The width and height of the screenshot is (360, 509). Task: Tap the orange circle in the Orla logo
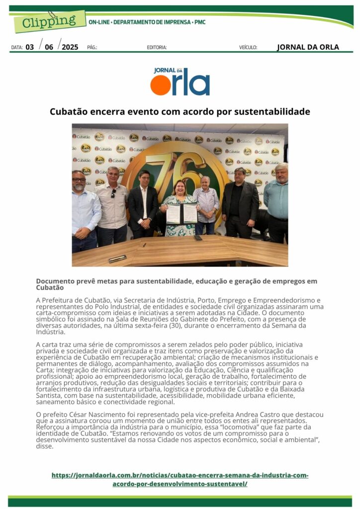[161, 85]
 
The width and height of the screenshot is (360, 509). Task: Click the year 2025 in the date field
[70, 47]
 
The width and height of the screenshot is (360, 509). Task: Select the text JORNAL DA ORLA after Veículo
[308, 47]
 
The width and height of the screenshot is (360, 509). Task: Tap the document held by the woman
[181, 214]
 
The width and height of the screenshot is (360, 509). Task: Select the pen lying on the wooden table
[117, 258]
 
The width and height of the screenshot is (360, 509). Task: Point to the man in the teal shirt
[276, 199]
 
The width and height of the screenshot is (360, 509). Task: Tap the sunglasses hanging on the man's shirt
[113, 193]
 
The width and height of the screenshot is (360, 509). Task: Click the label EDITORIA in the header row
[157, 48]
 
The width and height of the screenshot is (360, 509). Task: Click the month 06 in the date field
[49, 47]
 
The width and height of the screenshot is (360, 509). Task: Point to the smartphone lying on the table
[198, 238]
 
